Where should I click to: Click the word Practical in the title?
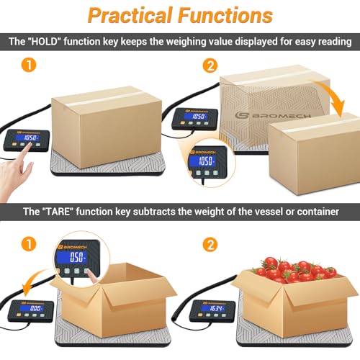point(127,16)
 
